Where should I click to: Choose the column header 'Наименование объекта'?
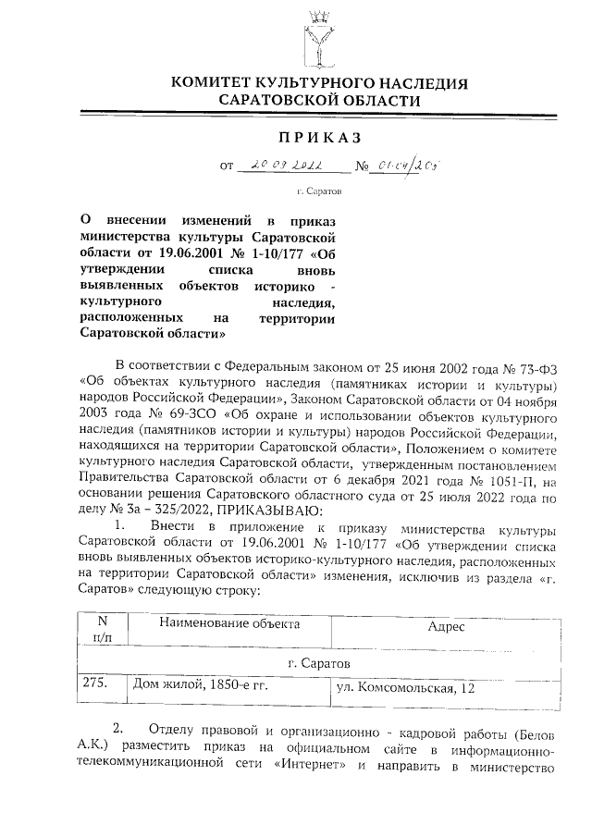pos(229,623)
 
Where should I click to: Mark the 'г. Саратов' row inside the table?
pos(319,662)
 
